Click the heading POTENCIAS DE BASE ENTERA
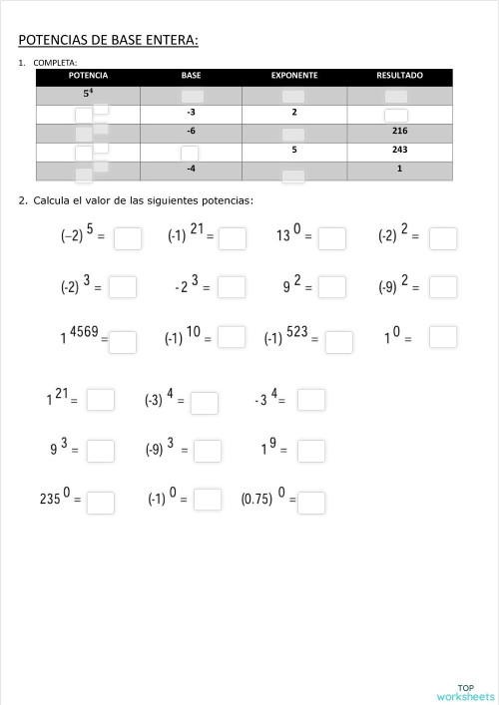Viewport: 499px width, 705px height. [108, 40]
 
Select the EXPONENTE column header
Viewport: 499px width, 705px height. [294, 76]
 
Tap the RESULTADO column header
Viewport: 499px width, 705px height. [399, 76]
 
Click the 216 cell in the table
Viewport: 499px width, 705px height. [399, 131]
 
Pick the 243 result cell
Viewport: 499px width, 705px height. [399, 150]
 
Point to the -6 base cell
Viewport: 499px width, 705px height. [191, 131]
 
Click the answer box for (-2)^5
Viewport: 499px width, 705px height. [127, 238]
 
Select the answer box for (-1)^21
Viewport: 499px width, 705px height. [233, 238]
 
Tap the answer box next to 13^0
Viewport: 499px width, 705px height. [332, 238]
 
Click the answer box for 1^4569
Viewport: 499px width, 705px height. [123, 342]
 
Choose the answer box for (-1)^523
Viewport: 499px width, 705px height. [339, 342]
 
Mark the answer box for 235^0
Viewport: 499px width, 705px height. [101, 502]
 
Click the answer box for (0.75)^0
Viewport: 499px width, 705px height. [311, 502]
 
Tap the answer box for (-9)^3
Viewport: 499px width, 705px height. [208, 451]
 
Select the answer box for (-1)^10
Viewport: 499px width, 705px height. [232, 337]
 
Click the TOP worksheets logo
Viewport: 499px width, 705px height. [465, 691]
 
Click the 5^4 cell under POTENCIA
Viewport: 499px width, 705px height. [89, 94]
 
